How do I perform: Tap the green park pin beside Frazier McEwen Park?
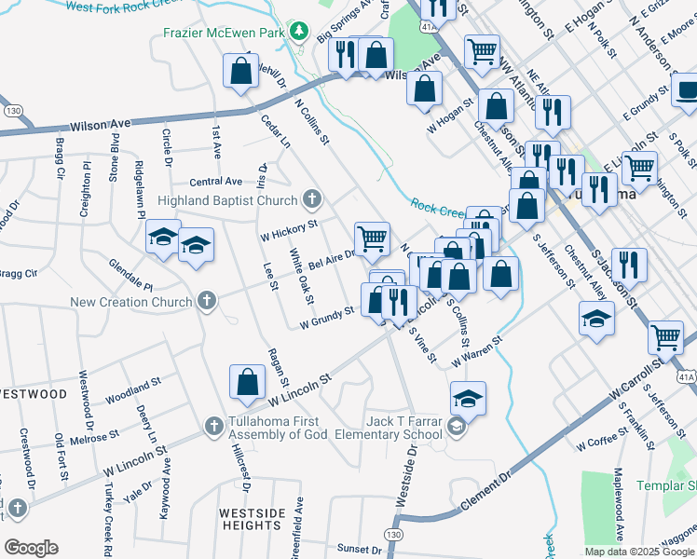(298, 32)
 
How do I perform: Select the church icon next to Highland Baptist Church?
(312, 199)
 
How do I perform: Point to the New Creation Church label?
(131, 302)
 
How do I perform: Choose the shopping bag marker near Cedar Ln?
(240, 71)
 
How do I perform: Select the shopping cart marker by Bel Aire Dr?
(372, 238)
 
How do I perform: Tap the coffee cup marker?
(687, 91)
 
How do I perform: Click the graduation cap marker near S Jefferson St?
(596, 319)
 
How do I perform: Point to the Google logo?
(31, 548)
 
